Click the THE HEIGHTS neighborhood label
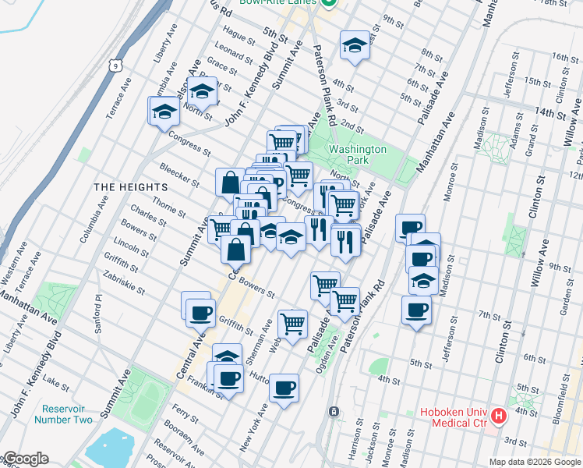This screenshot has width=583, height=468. click(130, 187)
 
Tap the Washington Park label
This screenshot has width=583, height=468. click(358, 154)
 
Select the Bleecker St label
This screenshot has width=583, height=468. click(179, 174)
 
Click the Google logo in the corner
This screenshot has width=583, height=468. click(25, 459)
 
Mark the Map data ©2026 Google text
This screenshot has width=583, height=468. click(534, 462)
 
